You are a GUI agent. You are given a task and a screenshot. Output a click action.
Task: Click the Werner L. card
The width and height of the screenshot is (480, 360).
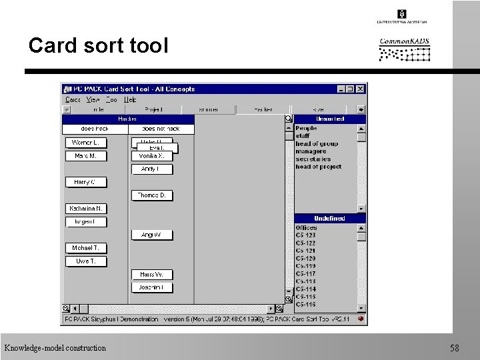(x=85, y=143)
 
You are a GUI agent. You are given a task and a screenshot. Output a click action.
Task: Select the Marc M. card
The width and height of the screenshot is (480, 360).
(x=85, y=156)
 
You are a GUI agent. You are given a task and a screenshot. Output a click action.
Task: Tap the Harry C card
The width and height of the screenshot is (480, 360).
(x=85, y=182)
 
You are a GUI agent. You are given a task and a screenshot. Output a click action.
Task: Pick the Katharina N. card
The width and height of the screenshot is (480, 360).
(x=85, y=209)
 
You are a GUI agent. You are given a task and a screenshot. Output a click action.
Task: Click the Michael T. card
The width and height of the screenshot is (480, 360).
(x=85, y=248)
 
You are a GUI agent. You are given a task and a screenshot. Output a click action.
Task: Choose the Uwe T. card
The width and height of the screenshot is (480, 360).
(x=85, y=261)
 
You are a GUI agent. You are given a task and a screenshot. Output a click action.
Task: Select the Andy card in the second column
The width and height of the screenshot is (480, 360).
(x=151, y=169)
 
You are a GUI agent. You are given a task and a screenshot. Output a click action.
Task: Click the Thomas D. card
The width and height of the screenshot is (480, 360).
(x=151, y=195)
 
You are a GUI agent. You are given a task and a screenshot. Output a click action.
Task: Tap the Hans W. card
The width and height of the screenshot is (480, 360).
(x=151, y=275)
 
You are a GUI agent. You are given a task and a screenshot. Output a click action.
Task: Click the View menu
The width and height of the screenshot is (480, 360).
(x=93, y=100)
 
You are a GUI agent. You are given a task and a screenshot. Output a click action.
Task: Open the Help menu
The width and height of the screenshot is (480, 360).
(x=130, y=100)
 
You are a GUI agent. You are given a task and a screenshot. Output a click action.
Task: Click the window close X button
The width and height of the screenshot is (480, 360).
(x=361, y=89)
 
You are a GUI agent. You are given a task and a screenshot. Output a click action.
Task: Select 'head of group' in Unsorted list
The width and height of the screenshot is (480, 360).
(x=317, y=144)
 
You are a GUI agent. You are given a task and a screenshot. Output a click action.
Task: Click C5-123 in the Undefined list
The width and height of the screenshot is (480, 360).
(x=306, y=235)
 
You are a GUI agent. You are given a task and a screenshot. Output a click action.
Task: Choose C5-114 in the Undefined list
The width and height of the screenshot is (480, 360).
(x=306, y=289)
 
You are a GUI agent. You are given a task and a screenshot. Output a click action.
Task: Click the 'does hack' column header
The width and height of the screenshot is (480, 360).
(x=95, y=129)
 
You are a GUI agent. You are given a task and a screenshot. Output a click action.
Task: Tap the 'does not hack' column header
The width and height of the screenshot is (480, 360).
(x=161, y=129)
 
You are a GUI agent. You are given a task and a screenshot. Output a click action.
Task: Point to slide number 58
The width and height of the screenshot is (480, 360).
(x=455, y=348)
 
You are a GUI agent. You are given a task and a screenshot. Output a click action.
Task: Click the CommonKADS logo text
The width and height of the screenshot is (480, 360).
(x=404, y=42)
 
